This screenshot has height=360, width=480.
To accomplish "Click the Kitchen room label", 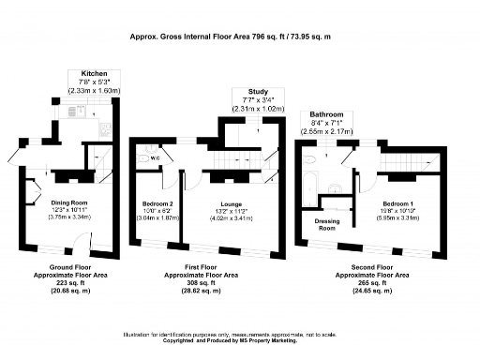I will (95, 73).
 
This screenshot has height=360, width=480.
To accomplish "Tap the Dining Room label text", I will (68, 202).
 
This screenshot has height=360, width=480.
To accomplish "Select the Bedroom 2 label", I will (157, 203).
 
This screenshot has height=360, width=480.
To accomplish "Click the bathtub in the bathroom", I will (313, 177).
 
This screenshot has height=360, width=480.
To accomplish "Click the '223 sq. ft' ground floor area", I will (68, 282).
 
